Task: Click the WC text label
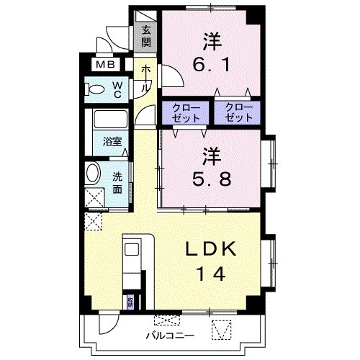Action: [117, 89]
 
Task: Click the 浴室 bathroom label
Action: [111, 142]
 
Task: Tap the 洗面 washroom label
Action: [117, 184]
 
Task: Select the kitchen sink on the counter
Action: [133, 250]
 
